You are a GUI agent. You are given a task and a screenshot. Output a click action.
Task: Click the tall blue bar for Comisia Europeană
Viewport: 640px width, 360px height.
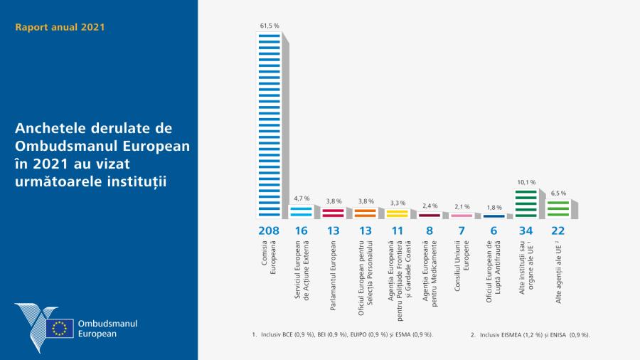point(269,125)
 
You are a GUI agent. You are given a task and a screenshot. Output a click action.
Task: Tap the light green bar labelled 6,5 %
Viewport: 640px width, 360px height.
point(557,208)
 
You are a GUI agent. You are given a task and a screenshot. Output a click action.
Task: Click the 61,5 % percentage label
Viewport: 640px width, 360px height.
point(269,26)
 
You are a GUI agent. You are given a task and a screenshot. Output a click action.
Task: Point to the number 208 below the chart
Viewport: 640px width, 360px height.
point(269,231)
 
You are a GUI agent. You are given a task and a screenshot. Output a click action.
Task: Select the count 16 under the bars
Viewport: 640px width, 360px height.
point(301,231)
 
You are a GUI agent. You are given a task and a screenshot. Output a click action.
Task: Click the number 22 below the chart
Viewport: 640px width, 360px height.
point(557,231)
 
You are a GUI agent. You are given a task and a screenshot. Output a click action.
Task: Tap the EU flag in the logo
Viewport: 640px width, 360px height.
point(60,328)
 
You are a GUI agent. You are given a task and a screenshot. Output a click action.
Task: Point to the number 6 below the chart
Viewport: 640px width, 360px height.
point(494,231)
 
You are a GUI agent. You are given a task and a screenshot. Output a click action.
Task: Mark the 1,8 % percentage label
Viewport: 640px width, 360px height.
point(494,208)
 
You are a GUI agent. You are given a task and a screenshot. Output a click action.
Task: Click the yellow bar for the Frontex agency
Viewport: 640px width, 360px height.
point(397,212)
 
